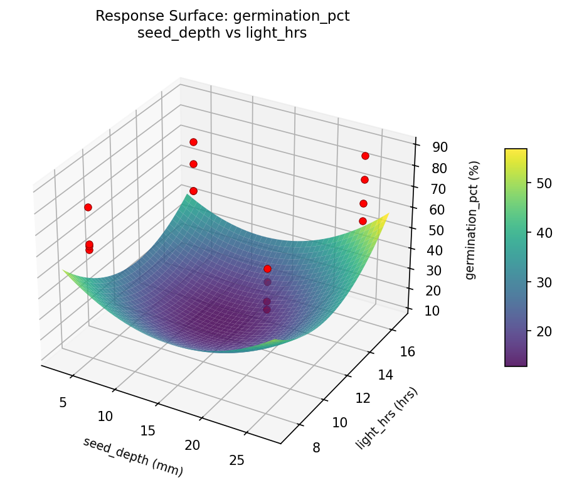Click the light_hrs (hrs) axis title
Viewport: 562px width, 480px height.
pos(386,419)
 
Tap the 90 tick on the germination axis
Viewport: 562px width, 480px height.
pos(439,147)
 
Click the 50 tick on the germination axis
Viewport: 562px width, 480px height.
pos(436,230)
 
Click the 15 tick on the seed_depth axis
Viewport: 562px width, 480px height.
pos(149,430)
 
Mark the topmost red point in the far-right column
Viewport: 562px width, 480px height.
pos(365,156)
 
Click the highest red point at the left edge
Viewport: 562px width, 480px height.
pos(88,207)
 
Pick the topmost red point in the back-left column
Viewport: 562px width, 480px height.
pos(193,142)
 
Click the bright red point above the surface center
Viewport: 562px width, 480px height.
pos(267,269)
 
